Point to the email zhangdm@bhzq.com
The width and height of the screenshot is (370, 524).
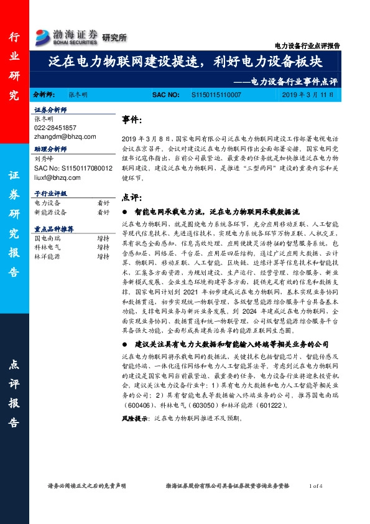pyautogui.click(x=65, y=136)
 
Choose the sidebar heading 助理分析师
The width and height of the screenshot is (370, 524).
pyautogui.click(x=51, y=150)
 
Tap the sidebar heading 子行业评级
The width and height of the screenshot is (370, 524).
pyautogui.click(x=51, y=194)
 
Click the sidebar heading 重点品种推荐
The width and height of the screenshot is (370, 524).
pyautogui.click(x=53, y=229)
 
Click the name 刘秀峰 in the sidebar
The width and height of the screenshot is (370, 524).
pyautogui.click(x=43, y=159)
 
